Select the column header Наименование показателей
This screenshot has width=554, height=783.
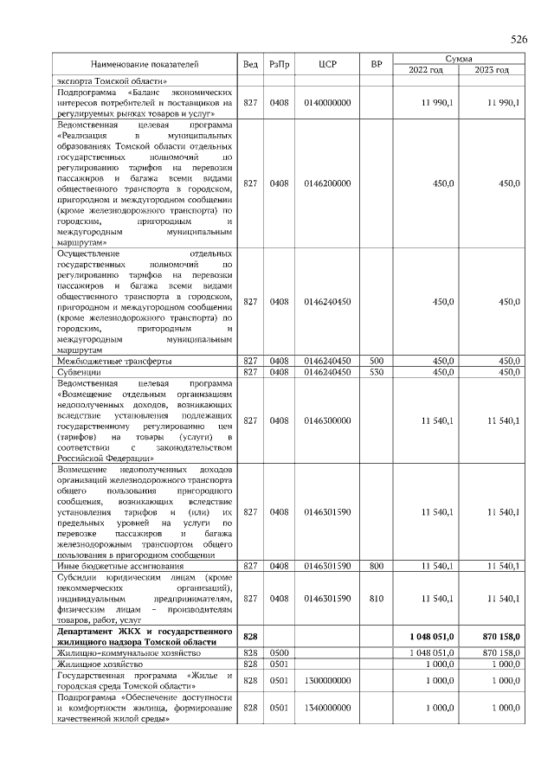click(145, 64)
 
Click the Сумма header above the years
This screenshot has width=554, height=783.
click(459, 58)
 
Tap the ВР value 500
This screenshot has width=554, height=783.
click(376, 361)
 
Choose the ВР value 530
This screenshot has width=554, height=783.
click(376, 372)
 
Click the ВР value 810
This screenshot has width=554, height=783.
click(376, 598)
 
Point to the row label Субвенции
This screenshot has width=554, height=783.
click(79, 372)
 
